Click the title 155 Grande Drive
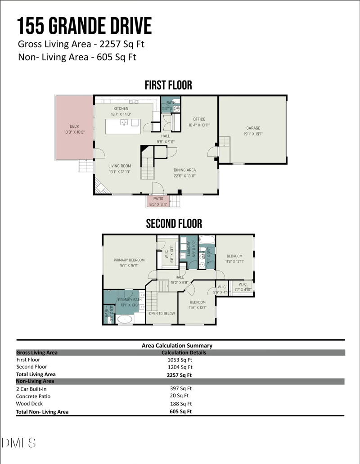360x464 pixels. click(x=85, y=26)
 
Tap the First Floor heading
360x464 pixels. click(x=168, y=85)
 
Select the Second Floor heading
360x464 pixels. click(x=174, y=224)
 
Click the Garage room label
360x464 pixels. click(x=253, y=128)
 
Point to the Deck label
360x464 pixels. click(x=74, y=126)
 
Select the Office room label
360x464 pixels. click(x=199, y=119)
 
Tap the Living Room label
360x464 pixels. click(x=119, y=166)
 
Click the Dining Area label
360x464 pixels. click(x=185, y=170)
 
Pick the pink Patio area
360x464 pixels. click(x=158, y=201)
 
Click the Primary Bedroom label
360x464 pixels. click(x=129, y=260)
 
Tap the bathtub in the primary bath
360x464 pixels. click(x=124, y=319)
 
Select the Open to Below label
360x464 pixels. click(x=162, y=313)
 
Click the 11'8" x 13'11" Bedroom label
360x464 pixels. click(x=234, y=257)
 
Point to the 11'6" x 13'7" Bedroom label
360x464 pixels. click(x=198, y=302)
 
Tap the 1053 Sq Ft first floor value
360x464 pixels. click(x=180, y=360)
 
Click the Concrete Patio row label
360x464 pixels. click(x=33, y=396)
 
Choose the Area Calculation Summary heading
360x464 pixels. click(x=177, y=346)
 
